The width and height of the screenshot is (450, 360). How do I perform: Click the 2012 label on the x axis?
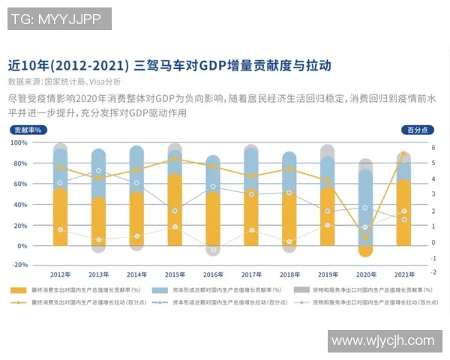pyautogui.click(x=61, y=274)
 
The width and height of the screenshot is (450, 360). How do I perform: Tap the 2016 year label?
pyautogui.click(x=213, y=274)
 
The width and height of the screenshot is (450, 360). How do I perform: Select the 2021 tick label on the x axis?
pyautogui.click(x=404, y=274)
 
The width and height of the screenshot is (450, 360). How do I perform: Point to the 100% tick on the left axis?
pyautogui.click(x=19, y=142)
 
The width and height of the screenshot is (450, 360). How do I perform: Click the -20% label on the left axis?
pyautogui.click(x=19, y=265)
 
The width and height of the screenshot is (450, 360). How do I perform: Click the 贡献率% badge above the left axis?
pyautogui.click(x=27, y=130)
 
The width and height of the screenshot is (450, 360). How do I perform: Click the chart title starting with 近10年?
pyautogui.click(x=169, y=65)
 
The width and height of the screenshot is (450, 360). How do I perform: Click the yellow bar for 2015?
pyautogui.click(x=175, y=210)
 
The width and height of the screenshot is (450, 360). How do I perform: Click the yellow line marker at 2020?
pyautogui.click(x=366, y=238)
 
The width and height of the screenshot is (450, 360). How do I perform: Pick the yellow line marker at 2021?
pyautogui.click(x=404, y=154)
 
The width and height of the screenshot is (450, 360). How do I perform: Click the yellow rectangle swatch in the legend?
pyautogui.click(x=19, y=289)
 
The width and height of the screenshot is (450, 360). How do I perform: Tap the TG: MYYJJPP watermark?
pyautogui.click(x=59, y=19)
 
